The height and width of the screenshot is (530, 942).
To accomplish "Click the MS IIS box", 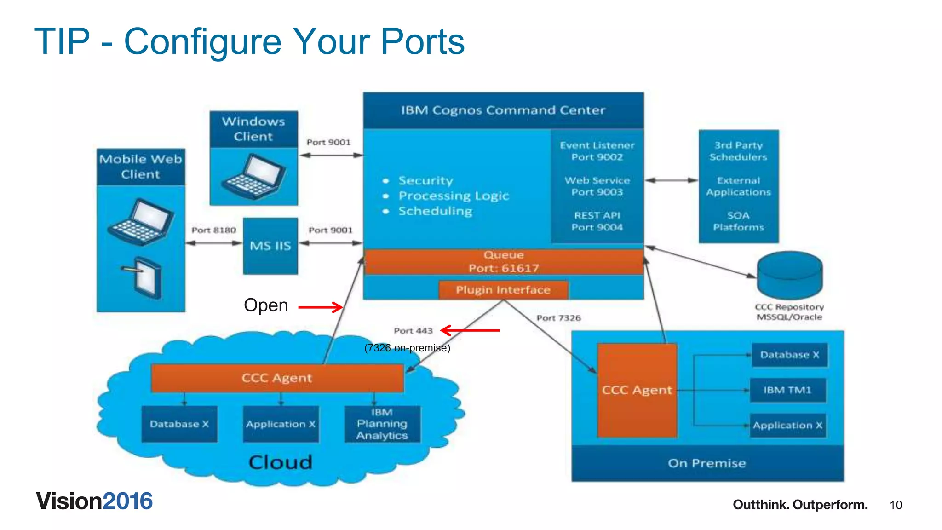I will (x=270, y=246).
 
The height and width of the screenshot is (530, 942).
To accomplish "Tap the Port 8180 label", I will (x=214, y=230).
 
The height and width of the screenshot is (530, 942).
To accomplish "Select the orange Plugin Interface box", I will (x=503, y=290).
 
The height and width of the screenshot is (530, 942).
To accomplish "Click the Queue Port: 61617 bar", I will (x=503, y=262).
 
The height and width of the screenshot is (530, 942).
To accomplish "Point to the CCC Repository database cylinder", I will (x=789, y=276).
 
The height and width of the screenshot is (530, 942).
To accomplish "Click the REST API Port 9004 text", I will (x=597, y=221).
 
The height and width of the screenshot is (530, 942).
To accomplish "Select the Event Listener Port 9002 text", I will (x=597, y=151).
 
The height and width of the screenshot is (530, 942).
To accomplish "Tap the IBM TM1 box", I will (x=787, y=390).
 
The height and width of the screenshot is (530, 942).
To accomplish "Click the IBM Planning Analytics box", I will (x=382, y=424).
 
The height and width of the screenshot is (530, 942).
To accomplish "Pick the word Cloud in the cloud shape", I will (x=280, y=462).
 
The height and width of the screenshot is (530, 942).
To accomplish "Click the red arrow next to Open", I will (x=321, y=307).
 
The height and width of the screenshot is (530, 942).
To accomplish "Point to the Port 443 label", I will (x=413, y=331).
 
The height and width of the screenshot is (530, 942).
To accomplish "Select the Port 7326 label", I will (x=558, y=318).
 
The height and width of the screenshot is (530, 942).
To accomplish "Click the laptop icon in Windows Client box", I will (x=254, y=177).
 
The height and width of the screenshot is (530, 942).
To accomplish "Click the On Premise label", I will (x=706, y=463).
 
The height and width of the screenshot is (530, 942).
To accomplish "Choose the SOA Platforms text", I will (x=738, y=221).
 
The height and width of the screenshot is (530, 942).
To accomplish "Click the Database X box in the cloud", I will (x=179, y=424).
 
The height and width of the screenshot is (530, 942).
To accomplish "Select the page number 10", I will (x=896, y=505).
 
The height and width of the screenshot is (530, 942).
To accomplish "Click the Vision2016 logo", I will (x=94, y=501).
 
